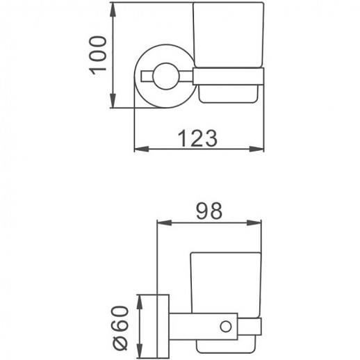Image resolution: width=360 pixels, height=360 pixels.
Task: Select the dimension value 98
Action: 208,211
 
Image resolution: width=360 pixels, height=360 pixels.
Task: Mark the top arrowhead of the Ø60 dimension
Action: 140,298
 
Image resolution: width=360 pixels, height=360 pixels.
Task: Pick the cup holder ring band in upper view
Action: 229,74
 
